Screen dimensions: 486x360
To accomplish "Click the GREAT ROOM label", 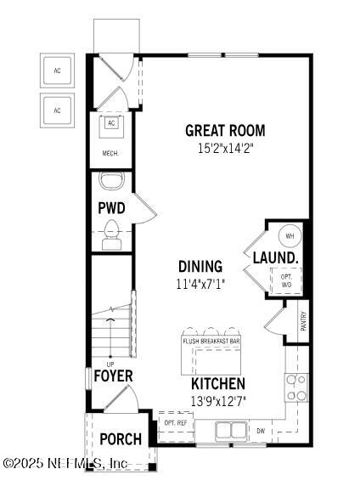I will coord(225,131).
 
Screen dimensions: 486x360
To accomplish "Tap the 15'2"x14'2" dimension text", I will coord(225,148).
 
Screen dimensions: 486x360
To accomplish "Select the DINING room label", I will coord(200,267).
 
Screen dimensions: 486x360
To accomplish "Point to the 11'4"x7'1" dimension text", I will coord(200,283).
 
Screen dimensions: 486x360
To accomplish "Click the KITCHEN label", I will coord(217,384).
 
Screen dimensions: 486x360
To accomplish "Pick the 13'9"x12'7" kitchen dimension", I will coord(217,402).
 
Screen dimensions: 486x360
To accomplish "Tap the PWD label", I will coord(111,207).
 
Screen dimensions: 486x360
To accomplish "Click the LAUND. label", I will coord(277,257).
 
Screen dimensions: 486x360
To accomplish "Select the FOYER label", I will coord(113,376).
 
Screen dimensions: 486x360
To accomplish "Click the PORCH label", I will coord(121,439).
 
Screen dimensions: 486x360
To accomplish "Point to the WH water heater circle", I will coord(290,235).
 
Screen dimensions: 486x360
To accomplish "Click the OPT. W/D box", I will coord(284,280).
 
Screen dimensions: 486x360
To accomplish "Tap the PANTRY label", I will coord(303,323).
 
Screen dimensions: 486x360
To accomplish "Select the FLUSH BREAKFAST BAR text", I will coord(211,342).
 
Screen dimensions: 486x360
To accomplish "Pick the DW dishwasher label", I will coord(262,431).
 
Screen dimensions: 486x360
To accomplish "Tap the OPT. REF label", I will coord(175,422).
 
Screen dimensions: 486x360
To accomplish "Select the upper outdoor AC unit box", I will coord(58,71).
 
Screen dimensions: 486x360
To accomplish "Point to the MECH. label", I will coord(110,154).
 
